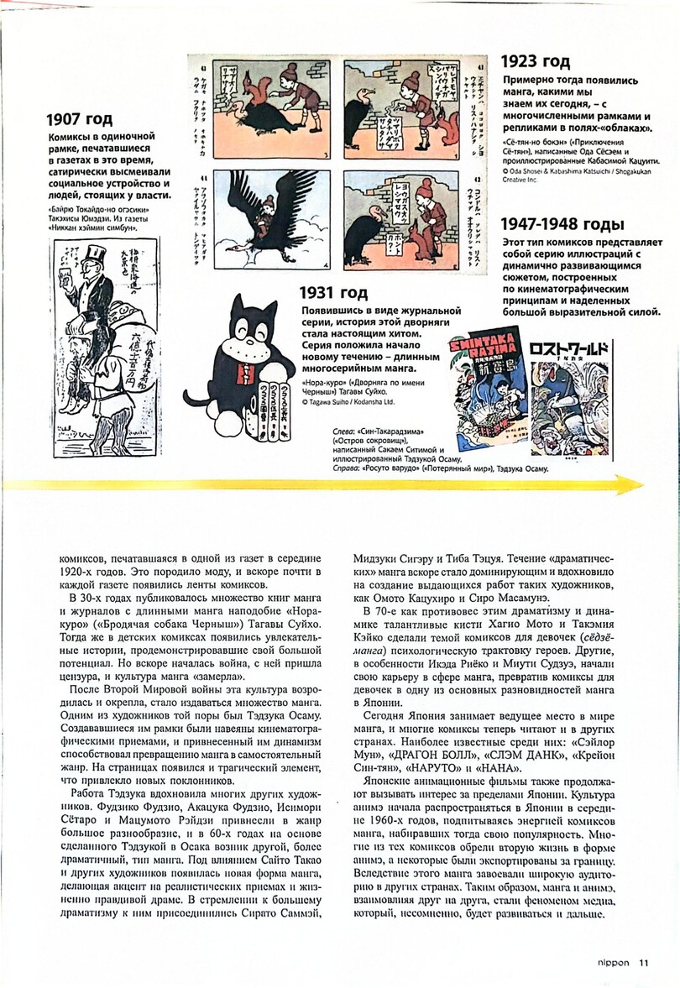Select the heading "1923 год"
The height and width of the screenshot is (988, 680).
[536, 61]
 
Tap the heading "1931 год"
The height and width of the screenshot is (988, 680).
[334, 293]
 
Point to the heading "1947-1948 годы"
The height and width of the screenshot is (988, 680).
[562, 224]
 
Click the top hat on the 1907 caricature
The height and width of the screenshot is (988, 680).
[92, 255]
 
